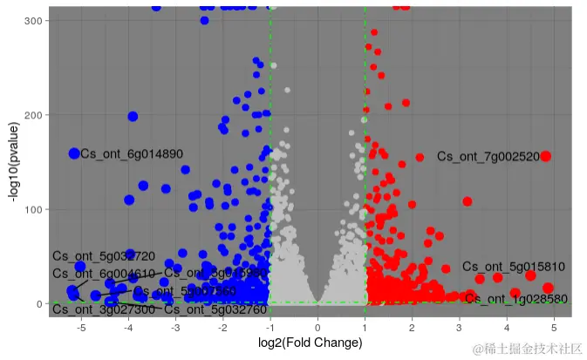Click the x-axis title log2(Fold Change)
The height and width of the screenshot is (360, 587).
point(311,343)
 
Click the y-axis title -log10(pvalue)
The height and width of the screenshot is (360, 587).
point(14,157)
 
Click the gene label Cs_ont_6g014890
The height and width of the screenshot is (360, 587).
point(132,154)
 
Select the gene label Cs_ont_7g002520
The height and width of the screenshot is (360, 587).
point(488,157)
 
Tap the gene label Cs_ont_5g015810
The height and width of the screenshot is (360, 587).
point(514,267)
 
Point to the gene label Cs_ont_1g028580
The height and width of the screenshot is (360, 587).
point(516,299)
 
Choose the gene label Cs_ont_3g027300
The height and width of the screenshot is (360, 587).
point(104,309)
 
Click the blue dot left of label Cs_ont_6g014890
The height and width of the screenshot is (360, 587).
point(74,153)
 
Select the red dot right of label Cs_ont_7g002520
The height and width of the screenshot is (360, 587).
point(546,156)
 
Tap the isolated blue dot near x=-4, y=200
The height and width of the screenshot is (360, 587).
point(133,116)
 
